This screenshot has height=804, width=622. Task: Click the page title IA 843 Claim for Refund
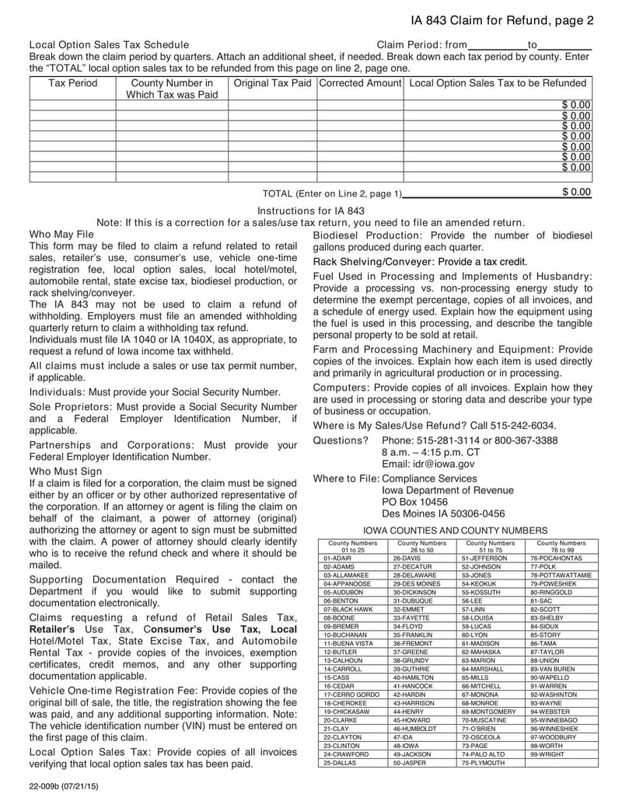click(x=502, y=20)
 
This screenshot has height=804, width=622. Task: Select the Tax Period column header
click(x=72, y=83)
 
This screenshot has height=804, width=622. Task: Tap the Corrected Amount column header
click(x=360, y=83)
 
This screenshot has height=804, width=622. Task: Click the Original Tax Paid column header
click(x=272, y=83)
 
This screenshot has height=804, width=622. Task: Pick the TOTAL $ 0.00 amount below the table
click(x=576, y=192)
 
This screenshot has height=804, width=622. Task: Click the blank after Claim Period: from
click(x=498, y=46)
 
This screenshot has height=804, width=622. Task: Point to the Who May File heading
click(x=61, y=234)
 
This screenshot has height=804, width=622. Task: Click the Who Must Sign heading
click(x=65, y=471)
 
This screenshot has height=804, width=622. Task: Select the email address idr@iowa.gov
click(x=428, y=464)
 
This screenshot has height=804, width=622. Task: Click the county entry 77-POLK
click(x=544, y=567)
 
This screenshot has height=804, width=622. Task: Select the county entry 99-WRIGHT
click(x=547, y=754)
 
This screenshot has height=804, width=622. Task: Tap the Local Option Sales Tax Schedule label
click(x=109, y=45)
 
